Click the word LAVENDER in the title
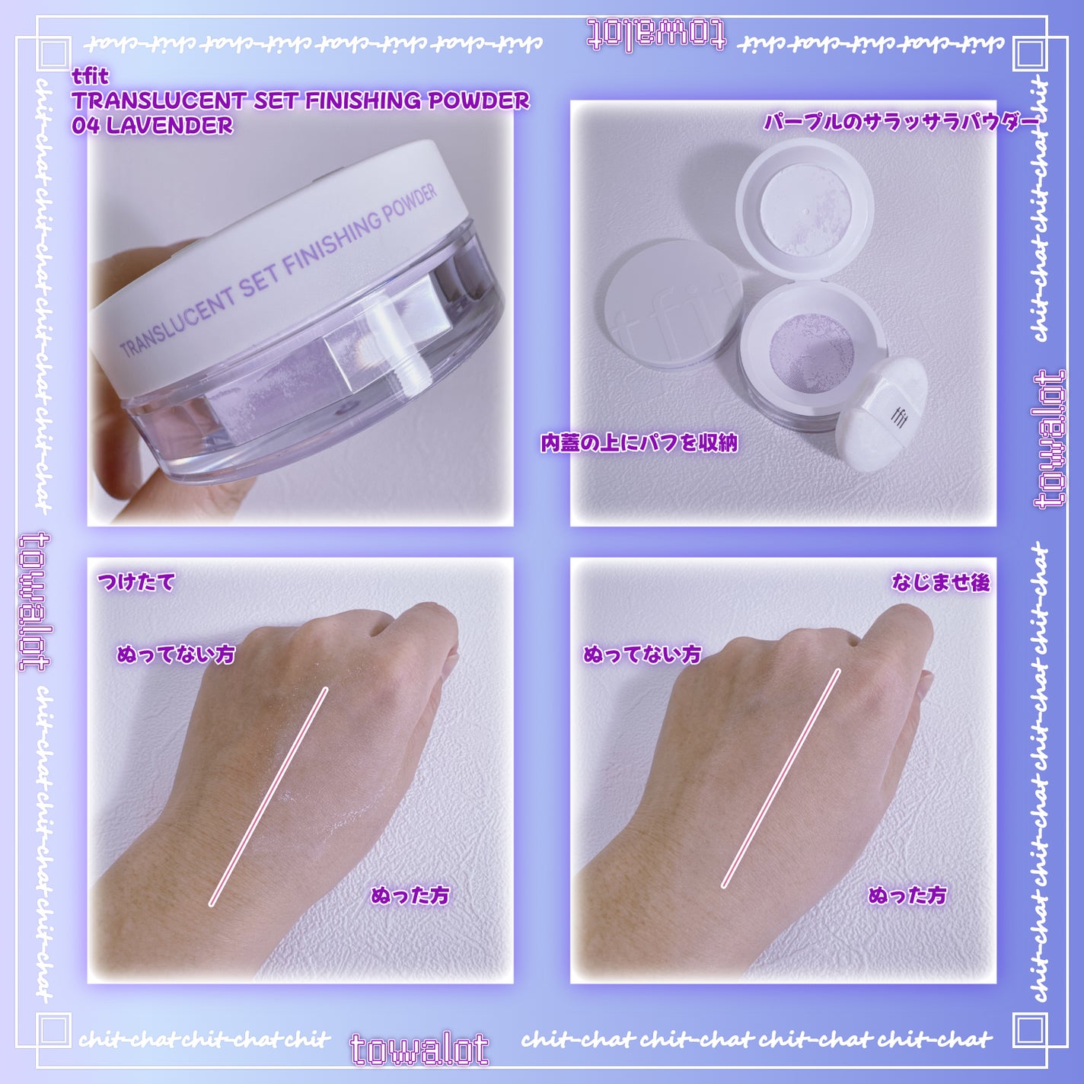(x=169, y=126)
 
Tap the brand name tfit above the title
(x=91, y=75)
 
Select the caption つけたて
(x=136, y=582)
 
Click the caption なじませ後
(x=941, y=582)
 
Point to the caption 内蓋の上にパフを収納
(x=639, y=443)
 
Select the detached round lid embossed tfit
(x=673, y=304)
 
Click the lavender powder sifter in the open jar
(x=811, y=349)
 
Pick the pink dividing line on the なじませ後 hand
(x=781, y=778)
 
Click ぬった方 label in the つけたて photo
(x=410, y=895)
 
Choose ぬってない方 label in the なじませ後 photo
(x=642, y=654)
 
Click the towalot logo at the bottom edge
(x=419, y=1050)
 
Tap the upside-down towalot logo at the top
(x=656, y=36)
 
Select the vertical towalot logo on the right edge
(x=1050, y=439)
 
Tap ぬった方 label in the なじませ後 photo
(x=907, y=895)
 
